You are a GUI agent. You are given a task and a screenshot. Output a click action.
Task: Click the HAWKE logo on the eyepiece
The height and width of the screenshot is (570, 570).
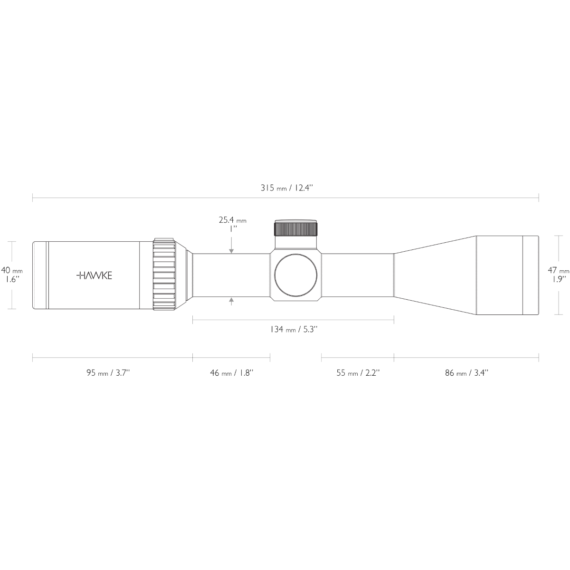tap(95, 275)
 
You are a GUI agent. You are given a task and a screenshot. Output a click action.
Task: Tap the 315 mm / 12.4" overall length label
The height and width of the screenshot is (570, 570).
tap(286, 188)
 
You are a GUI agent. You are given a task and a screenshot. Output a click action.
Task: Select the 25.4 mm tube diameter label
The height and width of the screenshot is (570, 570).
tap(232, 220)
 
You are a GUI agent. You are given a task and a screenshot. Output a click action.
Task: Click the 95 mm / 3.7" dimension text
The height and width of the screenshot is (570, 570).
tap(108, 373)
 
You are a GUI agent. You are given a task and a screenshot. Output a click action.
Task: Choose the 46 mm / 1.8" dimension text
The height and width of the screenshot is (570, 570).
tap(232, 373)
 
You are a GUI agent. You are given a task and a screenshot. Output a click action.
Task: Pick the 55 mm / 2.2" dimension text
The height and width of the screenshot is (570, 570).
tap(358, 373)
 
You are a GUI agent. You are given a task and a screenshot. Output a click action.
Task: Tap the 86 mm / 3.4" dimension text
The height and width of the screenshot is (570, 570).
tap(466, 373)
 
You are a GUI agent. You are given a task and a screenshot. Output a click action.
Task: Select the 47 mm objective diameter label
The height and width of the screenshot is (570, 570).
tap(558, 270)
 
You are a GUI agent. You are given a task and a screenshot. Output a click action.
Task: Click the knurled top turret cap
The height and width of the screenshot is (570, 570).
tap(296, 228)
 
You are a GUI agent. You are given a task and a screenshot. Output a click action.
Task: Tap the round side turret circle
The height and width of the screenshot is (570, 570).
tap(295, 275)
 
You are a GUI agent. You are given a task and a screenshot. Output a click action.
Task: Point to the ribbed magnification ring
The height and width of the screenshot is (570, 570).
tap(164, 275)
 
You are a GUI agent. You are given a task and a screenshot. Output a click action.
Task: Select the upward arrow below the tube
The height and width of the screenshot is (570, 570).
tap(231, 301)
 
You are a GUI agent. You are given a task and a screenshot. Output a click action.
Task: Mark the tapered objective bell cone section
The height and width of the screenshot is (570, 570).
tap(435, 275)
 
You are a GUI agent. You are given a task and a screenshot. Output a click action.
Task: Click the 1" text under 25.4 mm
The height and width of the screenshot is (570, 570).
tap(232, 228)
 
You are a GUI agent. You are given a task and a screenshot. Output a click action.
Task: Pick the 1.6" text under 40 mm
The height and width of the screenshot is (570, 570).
tap(12, 280)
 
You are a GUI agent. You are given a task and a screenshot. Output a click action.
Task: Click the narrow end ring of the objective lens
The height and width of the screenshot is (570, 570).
tap(531, 275)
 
